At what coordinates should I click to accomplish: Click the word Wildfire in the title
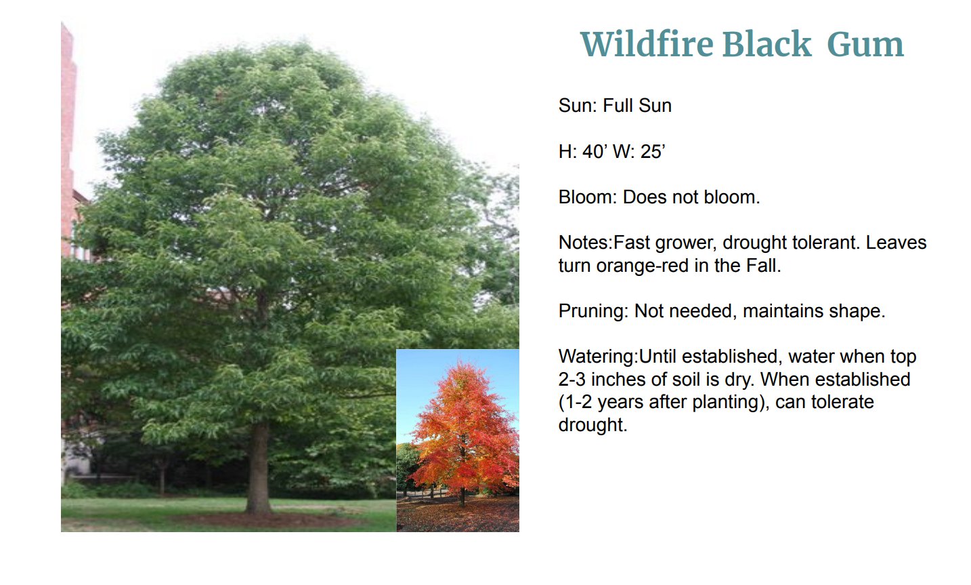[x=647, y=44]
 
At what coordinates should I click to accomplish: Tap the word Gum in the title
[x=865, y=45]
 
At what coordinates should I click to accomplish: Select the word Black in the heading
[x=767, y=44]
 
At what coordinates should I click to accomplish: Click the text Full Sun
[x=637, y=106]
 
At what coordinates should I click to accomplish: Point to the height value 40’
[x=595, y=151]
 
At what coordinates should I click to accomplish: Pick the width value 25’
[x=652, y=151]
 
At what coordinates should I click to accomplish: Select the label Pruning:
[x=593, y=311]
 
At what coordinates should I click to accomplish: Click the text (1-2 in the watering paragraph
[x=575, y=402]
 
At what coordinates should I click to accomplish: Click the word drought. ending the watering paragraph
[x=593, y=425]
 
